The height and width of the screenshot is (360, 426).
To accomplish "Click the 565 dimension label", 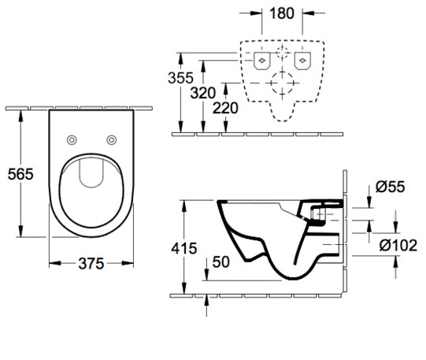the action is coord(20,174).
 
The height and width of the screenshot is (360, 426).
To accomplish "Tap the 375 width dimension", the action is coord(91,264).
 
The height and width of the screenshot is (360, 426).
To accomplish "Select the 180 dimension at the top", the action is coord(282,13).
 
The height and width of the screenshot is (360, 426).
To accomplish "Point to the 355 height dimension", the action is coord(180,78).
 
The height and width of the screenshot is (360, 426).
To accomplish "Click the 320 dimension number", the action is coord(203,93).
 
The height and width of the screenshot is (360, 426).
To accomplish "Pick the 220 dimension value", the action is coord(225,108).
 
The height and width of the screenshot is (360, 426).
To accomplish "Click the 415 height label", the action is coord(184,248).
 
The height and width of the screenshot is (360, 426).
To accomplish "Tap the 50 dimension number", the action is coord(221,262).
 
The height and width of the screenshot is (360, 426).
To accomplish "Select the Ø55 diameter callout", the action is coord(390,187).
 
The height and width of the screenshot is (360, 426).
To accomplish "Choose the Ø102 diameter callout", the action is coord(398,245).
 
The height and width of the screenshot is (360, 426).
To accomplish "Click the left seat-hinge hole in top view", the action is coord(72,140).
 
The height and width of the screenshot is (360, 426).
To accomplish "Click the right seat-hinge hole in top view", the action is coord(112,140).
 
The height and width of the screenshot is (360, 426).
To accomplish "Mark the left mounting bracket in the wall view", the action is coord(262,61).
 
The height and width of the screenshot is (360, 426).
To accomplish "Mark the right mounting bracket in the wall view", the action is coord(302,61).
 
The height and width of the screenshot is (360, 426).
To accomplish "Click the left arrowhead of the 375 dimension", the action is coord(54,263).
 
